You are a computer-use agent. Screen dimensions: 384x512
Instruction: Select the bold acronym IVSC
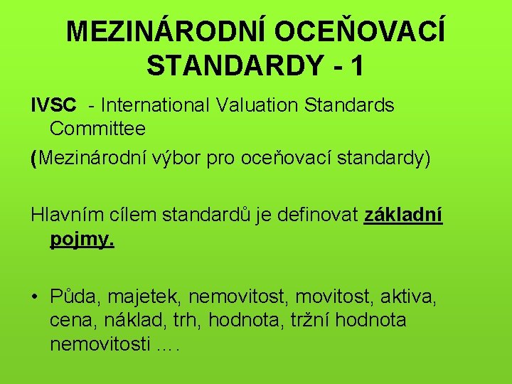pos(54,105)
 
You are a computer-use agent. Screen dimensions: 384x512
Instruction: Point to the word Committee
pos(97,129)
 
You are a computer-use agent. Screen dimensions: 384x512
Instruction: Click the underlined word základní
pos(403,214)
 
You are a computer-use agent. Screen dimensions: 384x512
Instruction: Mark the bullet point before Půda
pos(35,296)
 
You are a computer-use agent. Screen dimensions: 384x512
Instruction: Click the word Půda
pos(70,296)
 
